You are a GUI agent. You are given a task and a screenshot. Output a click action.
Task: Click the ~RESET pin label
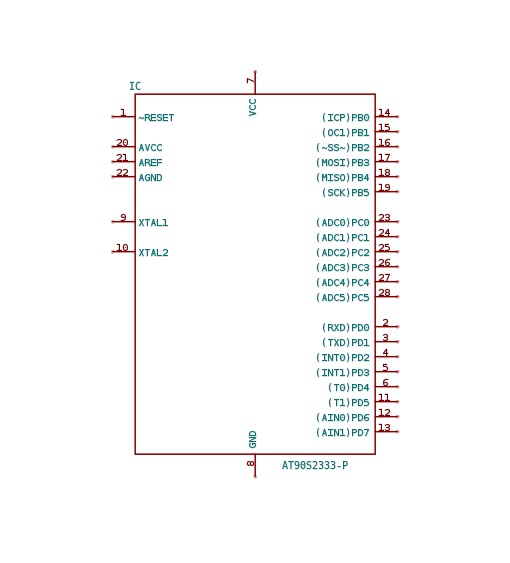156,118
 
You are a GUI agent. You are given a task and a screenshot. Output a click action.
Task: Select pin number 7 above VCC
251,80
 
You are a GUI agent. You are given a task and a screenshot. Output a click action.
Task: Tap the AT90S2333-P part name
315,466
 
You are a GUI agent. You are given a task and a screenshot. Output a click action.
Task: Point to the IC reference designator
135,86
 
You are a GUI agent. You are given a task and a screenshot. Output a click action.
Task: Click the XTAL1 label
153,223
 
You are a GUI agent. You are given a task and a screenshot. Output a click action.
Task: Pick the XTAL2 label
153,253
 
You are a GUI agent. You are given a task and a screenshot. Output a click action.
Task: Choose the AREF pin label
150,163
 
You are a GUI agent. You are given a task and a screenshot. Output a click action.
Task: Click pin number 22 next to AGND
122,173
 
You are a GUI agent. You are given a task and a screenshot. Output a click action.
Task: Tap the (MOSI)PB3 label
343,163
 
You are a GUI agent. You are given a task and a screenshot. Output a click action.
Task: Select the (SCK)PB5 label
346,193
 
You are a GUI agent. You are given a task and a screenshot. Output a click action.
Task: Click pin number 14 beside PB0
384,113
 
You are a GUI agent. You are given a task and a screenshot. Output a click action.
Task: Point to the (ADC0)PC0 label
343,223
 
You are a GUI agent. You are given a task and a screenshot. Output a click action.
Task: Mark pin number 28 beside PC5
384,293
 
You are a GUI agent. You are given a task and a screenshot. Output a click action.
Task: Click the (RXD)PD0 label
346,328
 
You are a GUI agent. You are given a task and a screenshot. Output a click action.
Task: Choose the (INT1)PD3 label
343,373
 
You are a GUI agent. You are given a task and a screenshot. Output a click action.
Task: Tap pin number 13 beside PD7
384,428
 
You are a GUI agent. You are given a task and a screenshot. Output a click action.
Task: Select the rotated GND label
252,439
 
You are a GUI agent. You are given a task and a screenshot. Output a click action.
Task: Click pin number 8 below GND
251,464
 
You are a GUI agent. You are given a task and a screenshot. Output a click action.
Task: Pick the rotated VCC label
252,107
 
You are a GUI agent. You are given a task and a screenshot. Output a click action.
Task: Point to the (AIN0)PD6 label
343,418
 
